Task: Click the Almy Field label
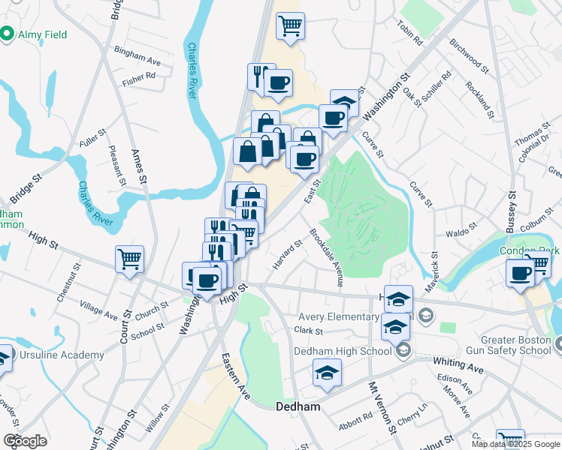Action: (43, 34)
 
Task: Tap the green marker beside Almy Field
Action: (8, 34)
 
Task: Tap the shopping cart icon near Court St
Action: (129, 259)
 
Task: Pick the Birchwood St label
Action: (470, 57)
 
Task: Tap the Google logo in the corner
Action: (25, 441)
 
